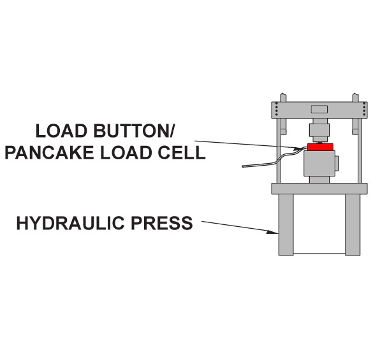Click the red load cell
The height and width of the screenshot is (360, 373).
point(320,147)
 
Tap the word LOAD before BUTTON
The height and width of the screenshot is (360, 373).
point(61,131)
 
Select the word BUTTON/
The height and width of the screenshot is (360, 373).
point(135,131)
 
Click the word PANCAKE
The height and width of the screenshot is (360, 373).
point(49,152)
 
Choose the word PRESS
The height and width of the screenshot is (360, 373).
point(162,223)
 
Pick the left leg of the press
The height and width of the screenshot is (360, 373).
point(286,225)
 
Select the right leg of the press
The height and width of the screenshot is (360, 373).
point(353,225)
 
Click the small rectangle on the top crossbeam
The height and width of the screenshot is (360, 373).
point(319,110)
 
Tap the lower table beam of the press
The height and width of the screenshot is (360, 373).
point(319,189)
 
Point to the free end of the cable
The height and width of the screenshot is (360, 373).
point(243,166)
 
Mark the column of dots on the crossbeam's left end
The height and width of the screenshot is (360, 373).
point(276,109)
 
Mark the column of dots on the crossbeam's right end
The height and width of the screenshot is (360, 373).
point(364,109)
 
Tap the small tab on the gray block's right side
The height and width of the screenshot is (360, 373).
point(337,163)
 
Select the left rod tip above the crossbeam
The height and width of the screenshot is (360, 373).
point(283,97)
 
